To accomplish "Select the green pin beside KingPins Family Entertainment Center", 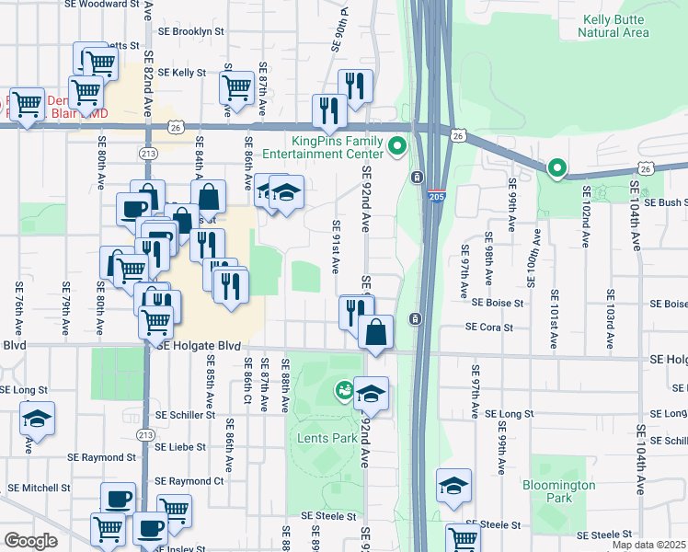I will pos(397,146).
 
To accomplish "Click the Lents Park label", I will pos(327,439).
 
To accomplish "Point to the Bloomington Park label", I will pos(559,491).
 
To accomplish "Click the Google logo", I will pos(30,541).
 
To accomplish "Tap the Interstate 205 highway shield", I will pos(437,196).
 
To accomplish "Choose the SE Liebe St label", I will pos(185,447).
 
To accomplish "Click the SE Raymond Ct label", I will pos(189,481).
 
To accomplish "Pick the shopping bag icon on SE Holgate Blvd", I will pos(376,332).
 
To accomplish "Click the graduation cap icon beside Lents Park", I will pos(371,394).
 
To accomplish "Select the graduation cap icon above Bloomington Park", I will pos(453,484).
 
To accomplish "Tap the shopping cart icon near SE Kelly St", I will pos(236,87).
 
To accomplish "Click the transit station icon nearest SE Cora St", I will pos(416,319).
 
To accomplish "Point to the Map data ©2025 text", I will pos(648,545).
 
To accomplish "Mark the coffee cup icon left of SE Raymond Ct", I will pos(118,499).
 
